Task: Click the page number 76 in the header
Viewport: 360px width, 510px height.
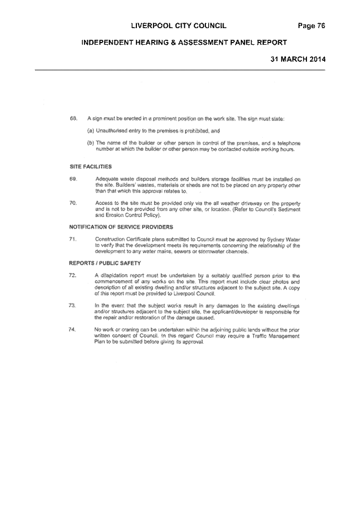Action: point(321,26)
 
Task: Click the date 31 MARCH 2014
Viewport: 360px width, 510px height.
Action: point(298,59)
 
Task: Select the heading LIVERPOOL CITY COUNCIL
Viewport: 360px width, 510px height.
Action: point(179,26)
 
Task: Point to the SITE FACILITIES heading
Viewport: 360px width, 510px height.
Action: point(91,166)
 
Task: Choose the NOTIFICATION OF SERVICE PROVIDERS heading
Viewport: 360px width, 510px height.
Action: point(121,227)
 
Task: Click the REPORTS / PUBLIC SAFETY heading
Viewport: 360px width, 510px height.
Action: point(104,263)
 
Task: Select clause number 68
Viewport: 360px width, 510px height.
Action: point(73,119)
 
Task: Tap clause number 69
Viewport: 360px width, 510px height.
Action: point(73,179)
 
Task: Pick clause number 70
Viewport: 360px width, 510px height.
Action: point(73,203)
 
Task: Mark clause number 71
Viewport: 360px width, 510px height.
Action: point(72,239)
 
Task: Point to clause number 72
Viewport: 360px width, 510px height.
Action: point(72,276)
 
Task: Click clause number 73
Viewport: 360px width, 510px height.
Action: point(72,306)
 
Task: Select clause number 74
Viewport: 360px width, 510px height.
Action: point(72,329)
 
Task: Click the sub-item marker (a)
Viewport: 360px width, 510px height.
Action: point(91,131)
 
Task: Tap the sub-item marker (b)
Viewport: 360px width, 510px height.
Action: point(91,143)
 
